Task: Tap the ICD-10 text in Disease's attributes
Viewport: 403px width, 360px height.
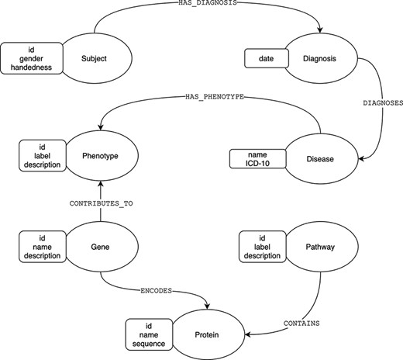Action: click(253, 164)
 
